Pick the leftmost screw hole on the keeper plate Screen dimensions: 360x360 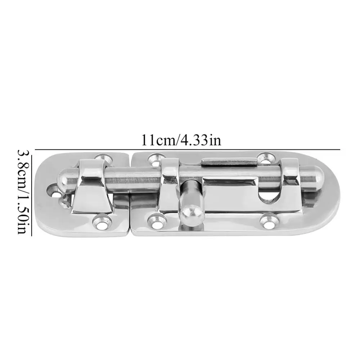[55, 190]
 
